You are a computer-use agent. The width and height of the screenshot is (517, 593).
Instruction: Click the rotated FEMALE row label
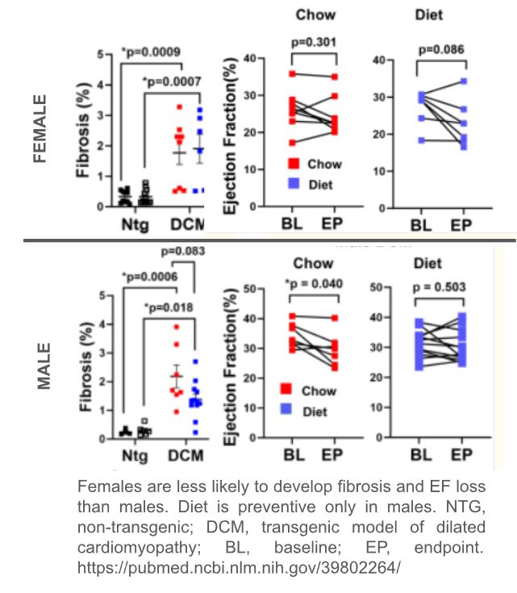click(41, 130)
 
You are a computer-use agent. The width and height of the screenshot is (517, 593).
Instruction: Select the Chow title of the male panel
click(312, 264)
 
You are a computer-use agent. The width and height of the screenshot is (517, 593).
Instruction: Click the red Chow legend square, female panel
click(288, 165)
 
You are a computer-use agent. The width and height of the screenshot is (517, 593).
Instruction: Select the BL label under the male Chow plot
click(294, 456)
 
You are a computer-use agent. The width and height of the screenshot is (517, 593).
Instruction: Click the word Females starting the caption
click(107, 488)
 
